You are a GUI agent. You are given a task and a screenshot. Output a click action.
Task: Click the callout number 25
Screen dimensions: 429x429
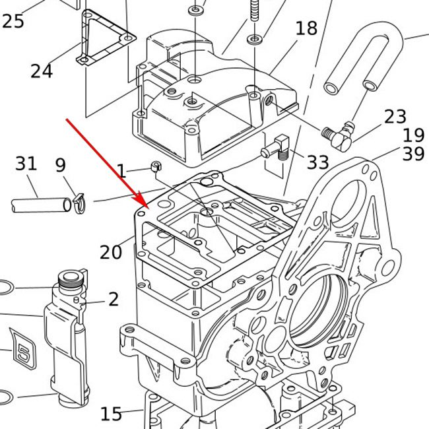click(13, 20)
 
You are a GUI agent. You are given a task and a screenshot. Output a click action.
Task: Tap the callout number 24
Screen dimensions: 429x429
click(41, 70)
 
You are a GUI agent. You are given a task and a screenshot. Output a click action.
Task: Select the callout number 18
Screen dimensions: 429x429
click(306, 29)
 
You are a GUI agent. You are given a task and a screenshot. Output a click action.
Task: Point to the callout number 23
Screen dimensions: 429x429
click(395, 117)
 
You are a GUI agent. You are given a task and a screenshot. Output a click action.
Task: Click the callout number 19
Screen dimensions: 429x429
click(413, 135)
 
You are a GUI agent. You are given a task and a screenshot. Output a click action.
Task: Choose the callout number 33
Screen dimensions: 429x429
click(317, 162)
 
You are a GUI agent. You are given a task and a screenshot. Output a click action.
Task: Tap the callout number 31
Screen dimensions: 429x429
click(26, 163)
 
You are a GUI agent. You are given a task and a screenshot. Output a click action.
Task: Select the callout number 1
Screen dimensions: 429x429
click(122, 172)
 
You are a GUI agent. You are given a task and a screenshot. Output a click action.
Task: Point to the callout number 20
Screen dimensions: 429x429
click(111, 251)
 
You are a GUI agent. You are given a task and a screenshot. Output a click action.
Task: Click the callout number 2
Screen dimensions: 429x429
click(114, 299)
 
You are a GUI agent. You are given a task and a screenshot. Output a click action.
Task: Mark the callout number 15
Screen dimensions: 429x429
click(111, 414)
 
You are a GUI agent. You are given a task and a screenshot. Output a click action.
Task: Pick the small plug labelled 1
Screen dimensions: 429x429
click(156, 166)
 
